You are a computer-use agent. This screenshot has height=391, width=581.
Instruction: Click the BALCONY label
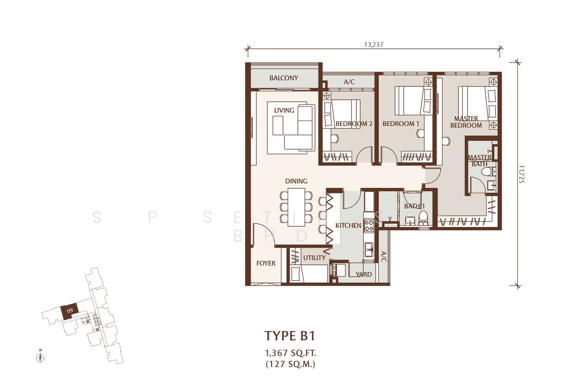click(x=284, y=78)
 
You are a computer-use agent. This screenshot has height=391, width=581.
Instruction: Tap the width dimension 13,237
click(x=373, y=45)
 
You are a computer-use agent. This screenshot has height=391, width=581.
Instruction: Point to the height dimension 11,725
click(x=522, y=174)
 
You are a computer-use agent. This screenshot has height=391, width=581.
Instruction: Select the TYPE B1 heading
click(x=290, y=336)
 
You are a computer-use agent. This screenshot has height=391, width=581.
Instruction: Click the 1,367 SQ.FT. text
click(x=290, y=353)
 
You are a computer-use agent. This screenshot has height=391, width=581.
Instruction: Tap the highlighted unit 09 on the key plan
click(x=69, y=311)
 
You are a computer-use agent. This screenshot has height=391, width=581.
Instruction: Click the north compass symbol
click(x=40, y=357)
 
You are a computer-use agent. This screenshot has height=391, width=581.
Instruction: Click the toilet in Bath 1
click(x=423, y=218)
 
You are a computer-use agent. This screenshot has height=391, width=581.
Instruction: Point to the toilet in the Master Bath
click(x=488, y=171)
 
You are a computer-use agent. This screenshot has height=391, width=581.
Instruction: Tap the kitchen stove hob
click(x=369, y=225)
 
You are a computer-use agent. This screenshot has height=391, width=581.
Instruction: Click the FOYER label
click(x=266, y=264)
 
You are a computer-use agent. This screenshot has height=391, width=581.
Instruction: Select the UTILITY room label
click(x=314, y=258)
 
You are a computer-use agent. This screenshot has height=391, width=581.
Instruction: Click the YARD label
click(x=364, y=274)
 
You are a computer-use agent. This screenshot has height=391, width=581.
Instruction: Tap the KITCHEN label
click(x=348, y=226)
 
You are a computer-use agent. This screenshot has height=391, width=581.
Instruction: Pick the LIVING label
click(x=284, y=110)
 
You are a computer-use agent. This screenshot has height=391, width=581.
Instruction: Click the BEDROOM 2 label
click(x=354, y=124)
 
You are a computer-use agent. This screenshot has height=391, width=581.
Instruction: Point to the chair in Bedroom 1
click(x=420, y=134)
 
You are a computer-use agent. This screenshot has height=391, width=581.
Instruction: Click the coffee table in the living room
click(x=278, y=125)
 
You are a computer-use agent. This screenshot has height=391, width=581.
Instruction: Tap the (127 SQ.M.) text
click(x=290, y=364)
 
